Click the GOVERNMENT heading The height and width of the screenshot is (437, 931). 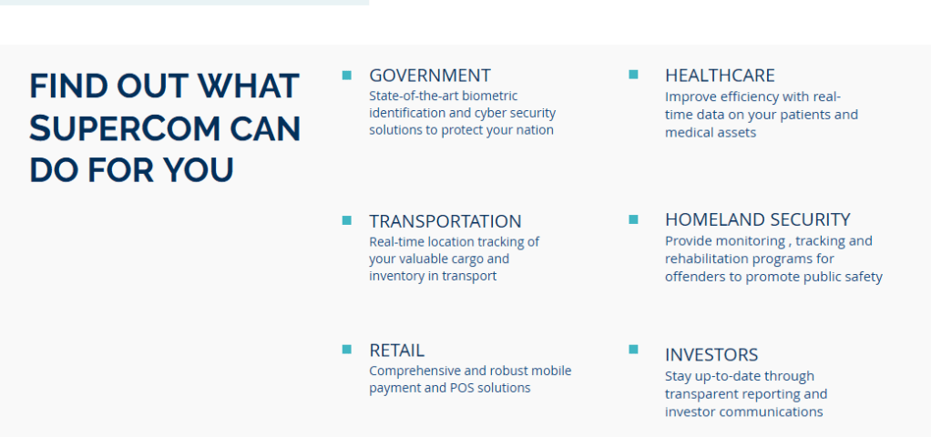430,76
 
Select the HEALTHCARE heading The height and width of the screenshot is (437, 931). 720,76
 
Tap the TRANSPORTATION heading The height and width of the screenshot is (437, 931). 445,221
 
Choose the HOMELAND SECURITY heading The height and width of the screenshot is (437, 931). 758,219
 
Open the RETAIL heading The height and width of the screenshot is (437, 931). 396,351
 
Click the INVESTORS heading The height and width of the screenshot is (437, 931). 711,354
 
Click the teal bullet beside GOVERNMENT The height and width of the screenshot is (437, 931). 347,75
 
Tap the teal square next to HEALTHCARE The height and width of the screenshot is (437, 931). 633,75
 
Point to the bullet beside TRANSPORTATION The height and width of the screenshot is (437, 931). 347,220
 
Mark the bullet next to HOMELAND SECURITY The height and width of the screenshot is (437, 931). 633,219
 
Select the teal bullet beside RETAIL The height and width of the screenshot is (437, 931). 347,349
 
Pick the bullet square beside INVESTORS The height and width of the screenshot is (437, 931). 633,349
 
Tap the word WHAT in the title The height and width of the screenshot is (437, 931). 249,86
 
